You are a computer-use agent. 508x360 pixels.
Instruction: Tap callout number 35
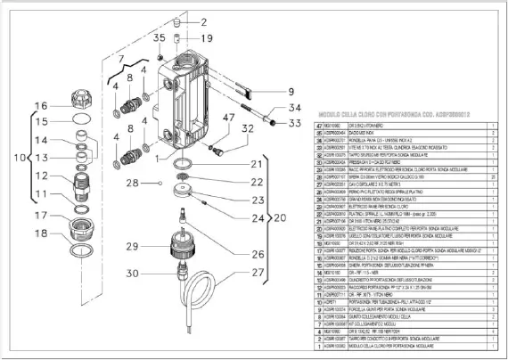pos(160,37)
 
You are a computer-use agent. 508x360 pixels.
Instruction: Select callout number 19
pos(206,39)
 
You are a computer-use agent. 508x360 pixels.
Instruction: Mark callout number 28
pos(132,183)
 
